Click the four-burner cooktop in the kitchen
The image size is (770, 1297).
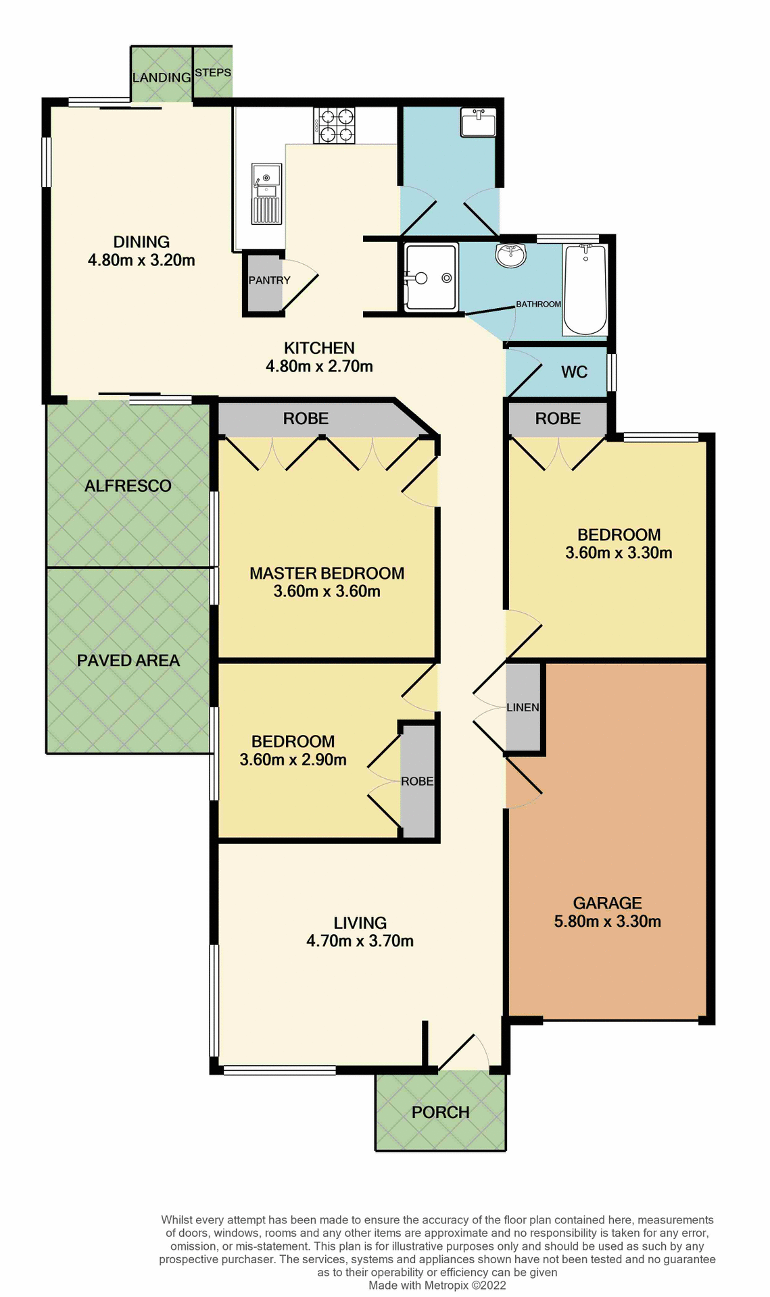pos(334,126)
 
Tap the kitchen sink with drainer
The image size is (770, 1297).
pos(266,193)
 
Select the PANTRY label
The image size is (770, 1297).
pos(269,280)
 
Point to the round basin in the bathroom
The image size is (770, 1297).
pos(510,255)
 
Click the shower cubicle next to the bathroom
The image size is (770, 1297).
pos(431,278)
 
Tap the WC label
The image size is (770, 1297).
pos(574,372)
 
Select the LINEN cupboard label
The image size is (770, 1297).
pos(523,707)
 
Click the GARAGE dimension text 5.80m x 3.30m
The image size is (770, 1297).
pos(607,921)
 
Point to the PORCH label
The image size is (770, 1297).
pos(440,1112)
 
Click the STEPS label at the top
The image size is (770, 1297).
pos(213,72)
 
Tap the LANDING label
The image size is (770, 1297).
pos(162,78)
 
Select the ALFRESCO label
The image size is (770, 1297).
pos(128,486)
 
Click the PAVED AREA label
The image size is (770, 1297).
pos(128,661)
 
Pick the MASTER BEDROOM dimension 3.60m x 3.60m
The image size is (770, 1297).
pos(327,592)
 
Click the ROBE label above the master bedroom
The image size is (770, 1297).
pos(306,419)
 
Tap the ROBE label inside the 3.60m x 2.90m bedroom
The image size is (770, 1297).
pos(416,781)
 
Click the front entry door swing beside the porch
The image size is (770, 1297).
pos(465,1054)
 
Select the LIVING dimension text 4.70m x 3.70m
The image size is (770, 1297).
pos(360,941)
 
